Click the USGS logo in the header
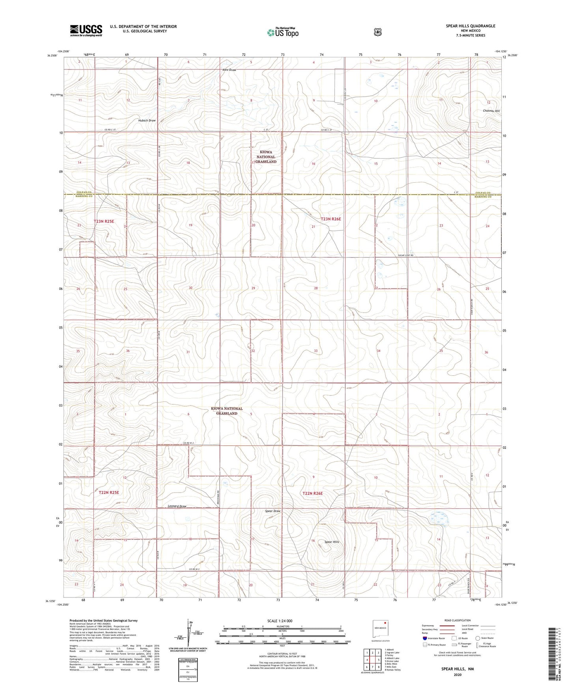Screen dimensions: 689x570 pyautogui.click(x=86, y=30)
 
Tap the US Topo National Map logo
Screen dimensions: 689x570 pyautogui.click(x=282, y=32)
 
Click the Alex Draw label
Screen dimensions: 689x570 pyautogui.click(x=229, y=70)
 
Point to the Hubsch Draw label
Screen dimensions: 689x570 pyautogui.click(x=147, y=120)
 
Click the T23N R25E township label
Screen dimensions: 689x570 pyautogui.click(x=104, y=221)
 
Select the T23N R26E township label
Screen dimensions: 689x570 pyautogui.click(x=331, y=219)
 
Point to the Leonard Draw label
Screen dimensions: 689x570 pyautogui.click(x=177, y=506)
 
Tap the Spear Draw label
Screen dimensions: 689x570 pyautogui.click(x=273, y=511)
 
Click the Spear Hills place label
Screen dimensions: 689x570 pyautogui.click(x=331, y=542)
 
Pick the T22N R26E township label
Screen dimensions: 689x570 pyautogui.click(x=312, y=493)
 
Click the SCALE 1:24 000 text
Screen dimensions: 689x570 pyautogui.click(x=280, y=621)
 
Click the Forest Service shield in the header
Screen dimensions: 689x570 pyautogui.click(x=378, y=32)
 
